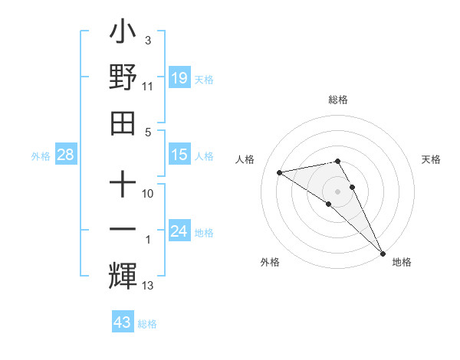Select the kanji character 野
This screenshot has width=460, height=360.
click(123, 77)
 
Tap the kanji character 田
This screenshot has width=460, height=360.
click(123, 122)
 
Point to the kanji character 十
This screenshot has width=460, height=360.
click(123, 186)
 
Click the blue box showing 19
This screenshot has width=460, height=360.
click(179, 77)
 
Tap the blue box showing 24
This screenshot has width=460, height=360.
click(179, 231)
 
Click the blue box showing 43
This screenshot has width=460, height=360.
click(123, 322)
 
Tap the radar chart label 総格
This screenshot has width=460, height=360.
click(338, 100)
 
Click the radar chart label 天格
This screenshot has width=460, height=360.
click(432, 159)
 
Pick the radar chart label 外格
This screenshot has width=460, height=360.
click(270, 262)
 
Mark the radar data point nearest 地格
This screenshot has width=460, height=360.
click(383, 253)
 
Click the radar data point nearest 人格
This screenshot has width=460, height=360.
click(280, 172)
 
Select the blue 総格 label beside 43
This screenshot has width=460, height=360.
click(147, 324)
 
